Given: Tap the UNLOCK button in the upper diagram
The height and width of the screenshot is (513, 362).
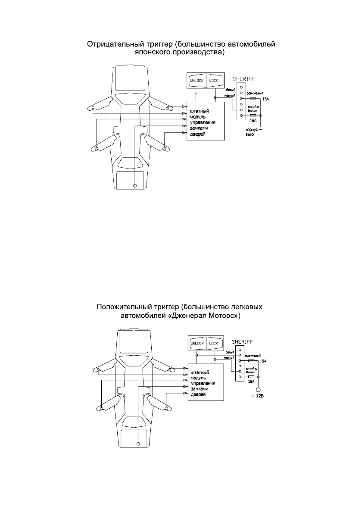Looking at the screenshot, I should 197,81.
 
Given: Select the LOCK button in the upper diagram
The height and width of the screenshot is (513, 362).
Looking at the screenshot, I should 214,81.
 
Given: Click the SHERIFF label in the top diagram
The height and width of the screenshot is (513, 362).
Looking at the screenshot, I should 243,78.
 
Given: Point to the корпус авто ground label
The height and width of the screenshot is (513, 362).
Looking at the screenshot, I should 252,132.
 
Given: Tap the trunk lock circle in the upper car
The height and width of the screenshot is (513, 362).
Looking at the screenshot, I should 135,186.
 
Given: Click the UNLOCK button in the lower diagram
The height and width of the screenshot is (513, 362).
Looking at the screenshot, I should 197,344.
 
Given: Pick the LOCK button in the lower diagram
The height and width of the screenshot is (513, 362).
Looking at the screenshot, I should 214,344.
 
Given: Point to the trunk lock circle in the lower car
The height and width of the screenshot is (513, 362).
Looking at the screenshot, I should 138,443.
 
